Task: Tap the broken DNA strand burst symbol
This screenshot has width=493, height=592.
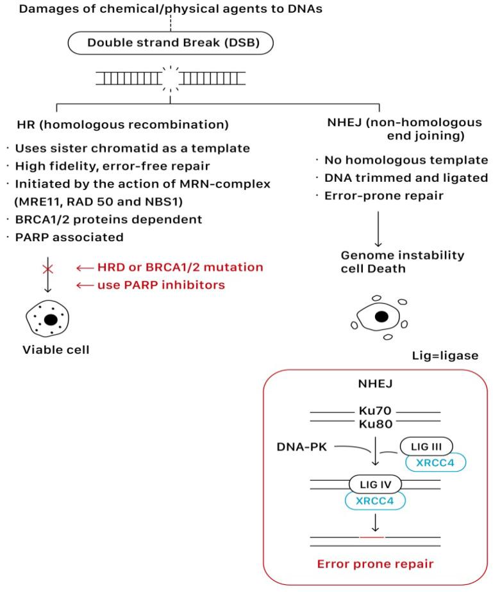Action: coord(170,80)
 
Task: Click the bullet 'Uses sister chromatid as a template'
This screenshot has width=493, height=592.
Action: coord(131,148)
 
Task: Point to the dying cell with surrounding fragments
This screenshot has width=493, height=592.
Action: coord(381,316)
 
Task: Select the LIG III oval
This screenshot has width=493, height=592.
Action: coord(426,446)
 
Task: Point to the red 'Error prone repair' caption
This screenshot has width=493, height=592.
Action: coord(375,564)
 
